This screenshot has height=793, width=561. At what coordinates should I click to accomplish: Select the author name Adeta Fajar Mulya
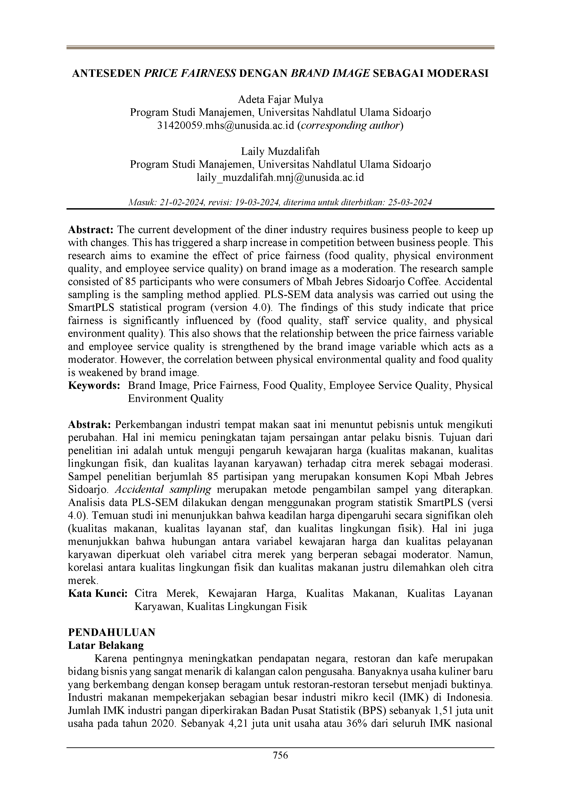(280, 100)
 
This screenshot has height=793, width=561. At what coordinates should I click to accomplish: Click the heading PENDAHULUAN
(112, 632)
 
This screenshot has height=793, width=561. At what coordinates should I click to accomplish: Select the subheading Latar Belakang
(106, 645)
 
